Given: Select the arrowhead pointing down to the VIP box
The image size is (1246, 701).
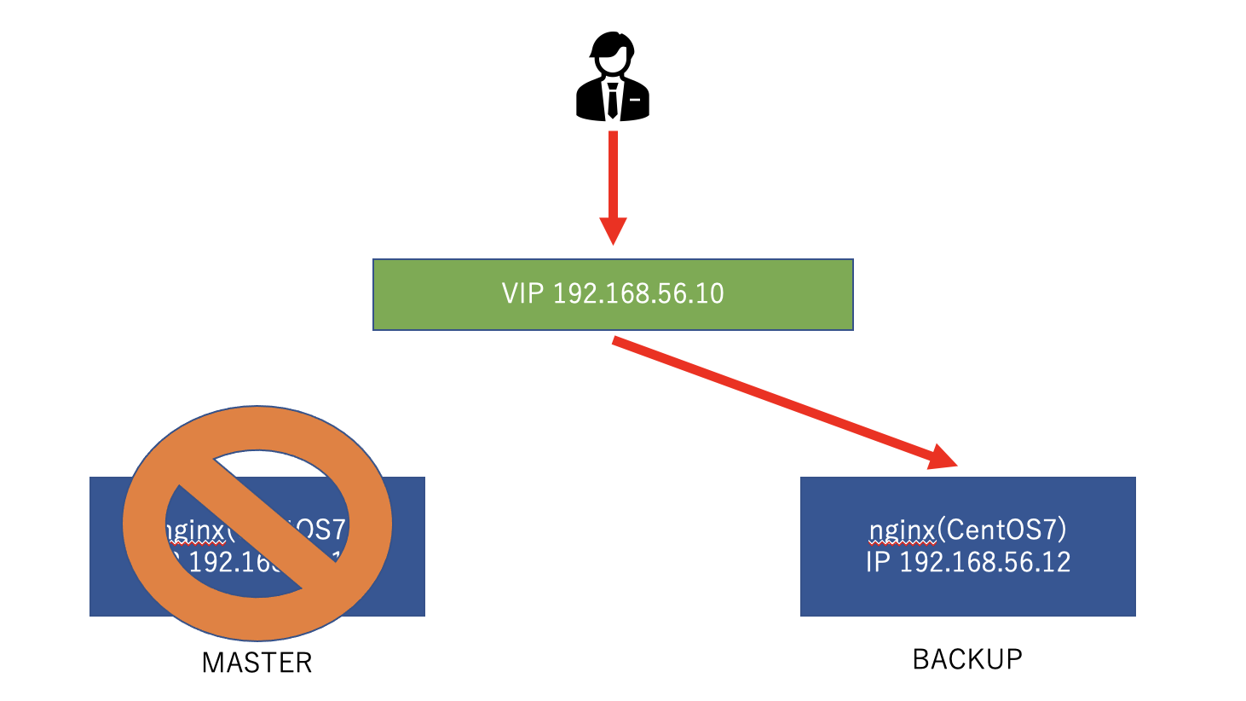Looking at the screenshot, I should click(613, 230).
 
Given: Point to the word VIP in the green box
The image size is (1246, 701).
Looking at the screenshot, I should click(522, 293).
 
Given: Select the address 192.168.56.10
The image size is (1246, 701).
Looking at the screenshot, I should click(638, 293).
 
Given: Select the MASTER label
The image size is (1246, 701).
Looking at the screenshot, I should click(257, 663).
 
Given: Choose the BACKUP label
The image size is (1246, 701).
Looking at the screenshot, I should click(967, 659).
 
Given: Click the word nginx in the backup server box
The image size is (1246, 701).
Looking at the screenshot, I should click(902, 530).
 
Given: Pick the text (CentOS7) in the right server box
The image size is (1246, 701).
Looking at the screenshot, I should click(1001, 530).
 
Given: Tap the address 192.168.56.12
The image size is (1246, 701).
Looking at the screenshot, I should click(985, 562).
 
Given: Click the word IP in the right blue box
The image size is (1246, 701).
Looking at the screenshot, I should click(878, 562).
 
